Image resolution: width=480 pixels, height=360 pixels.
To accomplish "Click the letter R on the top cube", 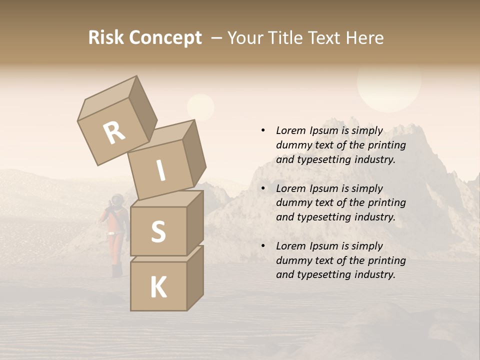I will click(x=114, y=132).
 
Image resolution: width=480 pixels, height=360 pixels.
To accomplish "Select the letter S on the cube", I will click(x=158, y=231).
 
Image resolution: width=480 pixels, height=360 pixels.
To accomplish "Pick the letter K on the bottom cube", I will click(x=158, y=287).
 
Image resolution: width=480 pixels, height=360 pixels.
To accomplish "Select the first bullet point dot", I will click(x=263, y=130).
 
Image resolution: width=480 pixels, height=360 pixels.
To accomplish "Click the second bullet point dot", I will click(x=263, y=188).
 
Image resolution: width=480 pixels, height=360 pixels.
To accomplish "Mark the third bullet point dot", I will click(x=263, y=246).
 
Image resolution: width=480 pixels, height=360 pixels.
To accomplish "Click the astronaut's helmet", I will click(x=117, y=200).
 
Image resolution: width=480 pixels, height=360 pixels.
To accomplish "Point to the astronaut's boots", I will click(x=117, y=271).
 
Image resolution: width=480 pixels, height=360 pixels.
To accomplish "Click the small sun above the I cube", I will click(x=200, y=107).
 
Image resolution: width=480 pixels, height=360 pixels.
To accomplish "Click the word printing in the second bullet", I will click(x=386, y=202).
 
